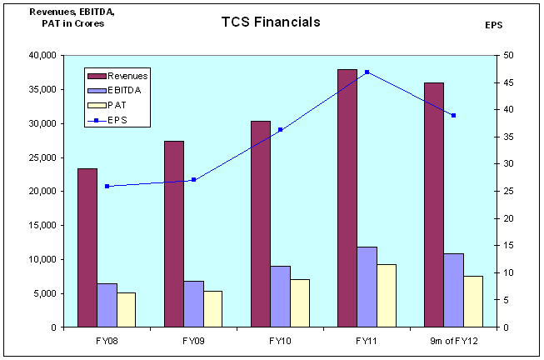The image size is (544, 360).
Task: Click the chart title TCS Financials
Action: [271, 22]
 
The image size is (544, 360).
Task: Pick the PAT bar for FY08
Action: [126, 310]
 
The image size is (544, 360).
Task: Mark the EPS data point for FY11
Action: [367, 72]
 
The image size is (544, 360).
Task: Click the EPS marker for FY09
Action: [193, 179]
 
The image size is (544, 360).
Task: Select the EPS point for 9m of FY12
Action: [453, 115]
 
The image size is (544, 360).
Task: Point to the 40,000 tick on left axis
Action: [42, 55]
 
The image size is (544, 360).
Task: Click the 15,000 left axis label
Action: [42, 225]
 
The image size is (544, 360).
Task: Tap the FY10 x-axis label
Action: [280, 341]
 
